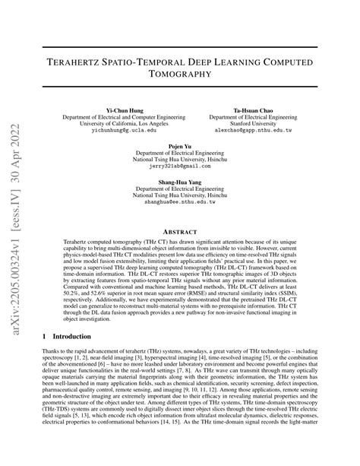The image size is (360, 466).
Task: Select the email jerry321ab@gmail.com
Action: tap(178, 164)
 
